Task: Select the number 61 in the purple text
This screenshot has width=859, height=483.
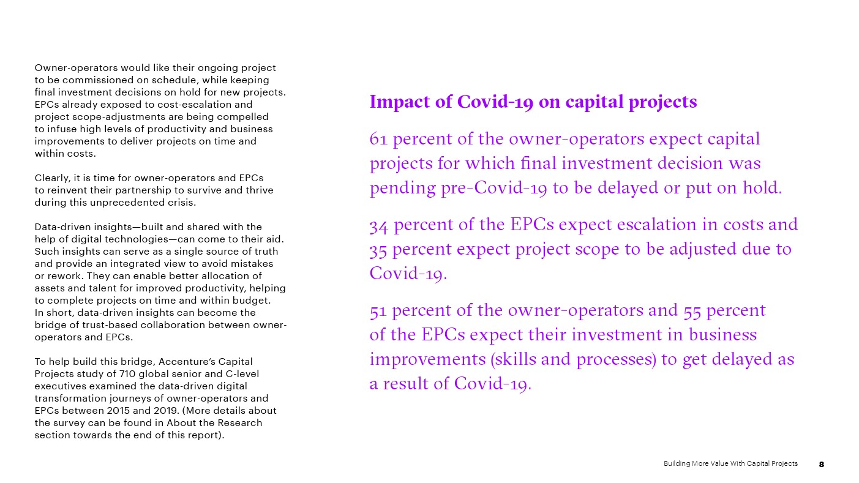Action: (378, 139)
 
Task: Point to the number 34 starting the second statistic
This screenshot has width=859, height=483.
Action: (379, 225)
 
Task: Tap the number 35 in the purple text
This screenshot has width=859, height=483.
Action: (378, 250)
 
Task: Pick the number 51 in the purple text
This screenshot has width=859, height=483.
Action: (378, 310)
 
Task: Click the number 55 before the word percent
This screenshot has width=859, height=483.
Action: (692, 310)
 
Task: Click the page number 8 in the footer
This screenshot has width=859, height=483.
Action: (822, 464)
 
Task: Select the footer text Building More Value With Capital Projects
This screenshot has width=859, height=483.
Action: (730, 463)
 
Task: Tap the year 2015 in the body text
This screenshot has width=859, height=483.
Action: (118, 411)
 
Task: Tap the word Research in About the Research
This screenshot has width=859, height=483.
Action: (239, 423)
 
